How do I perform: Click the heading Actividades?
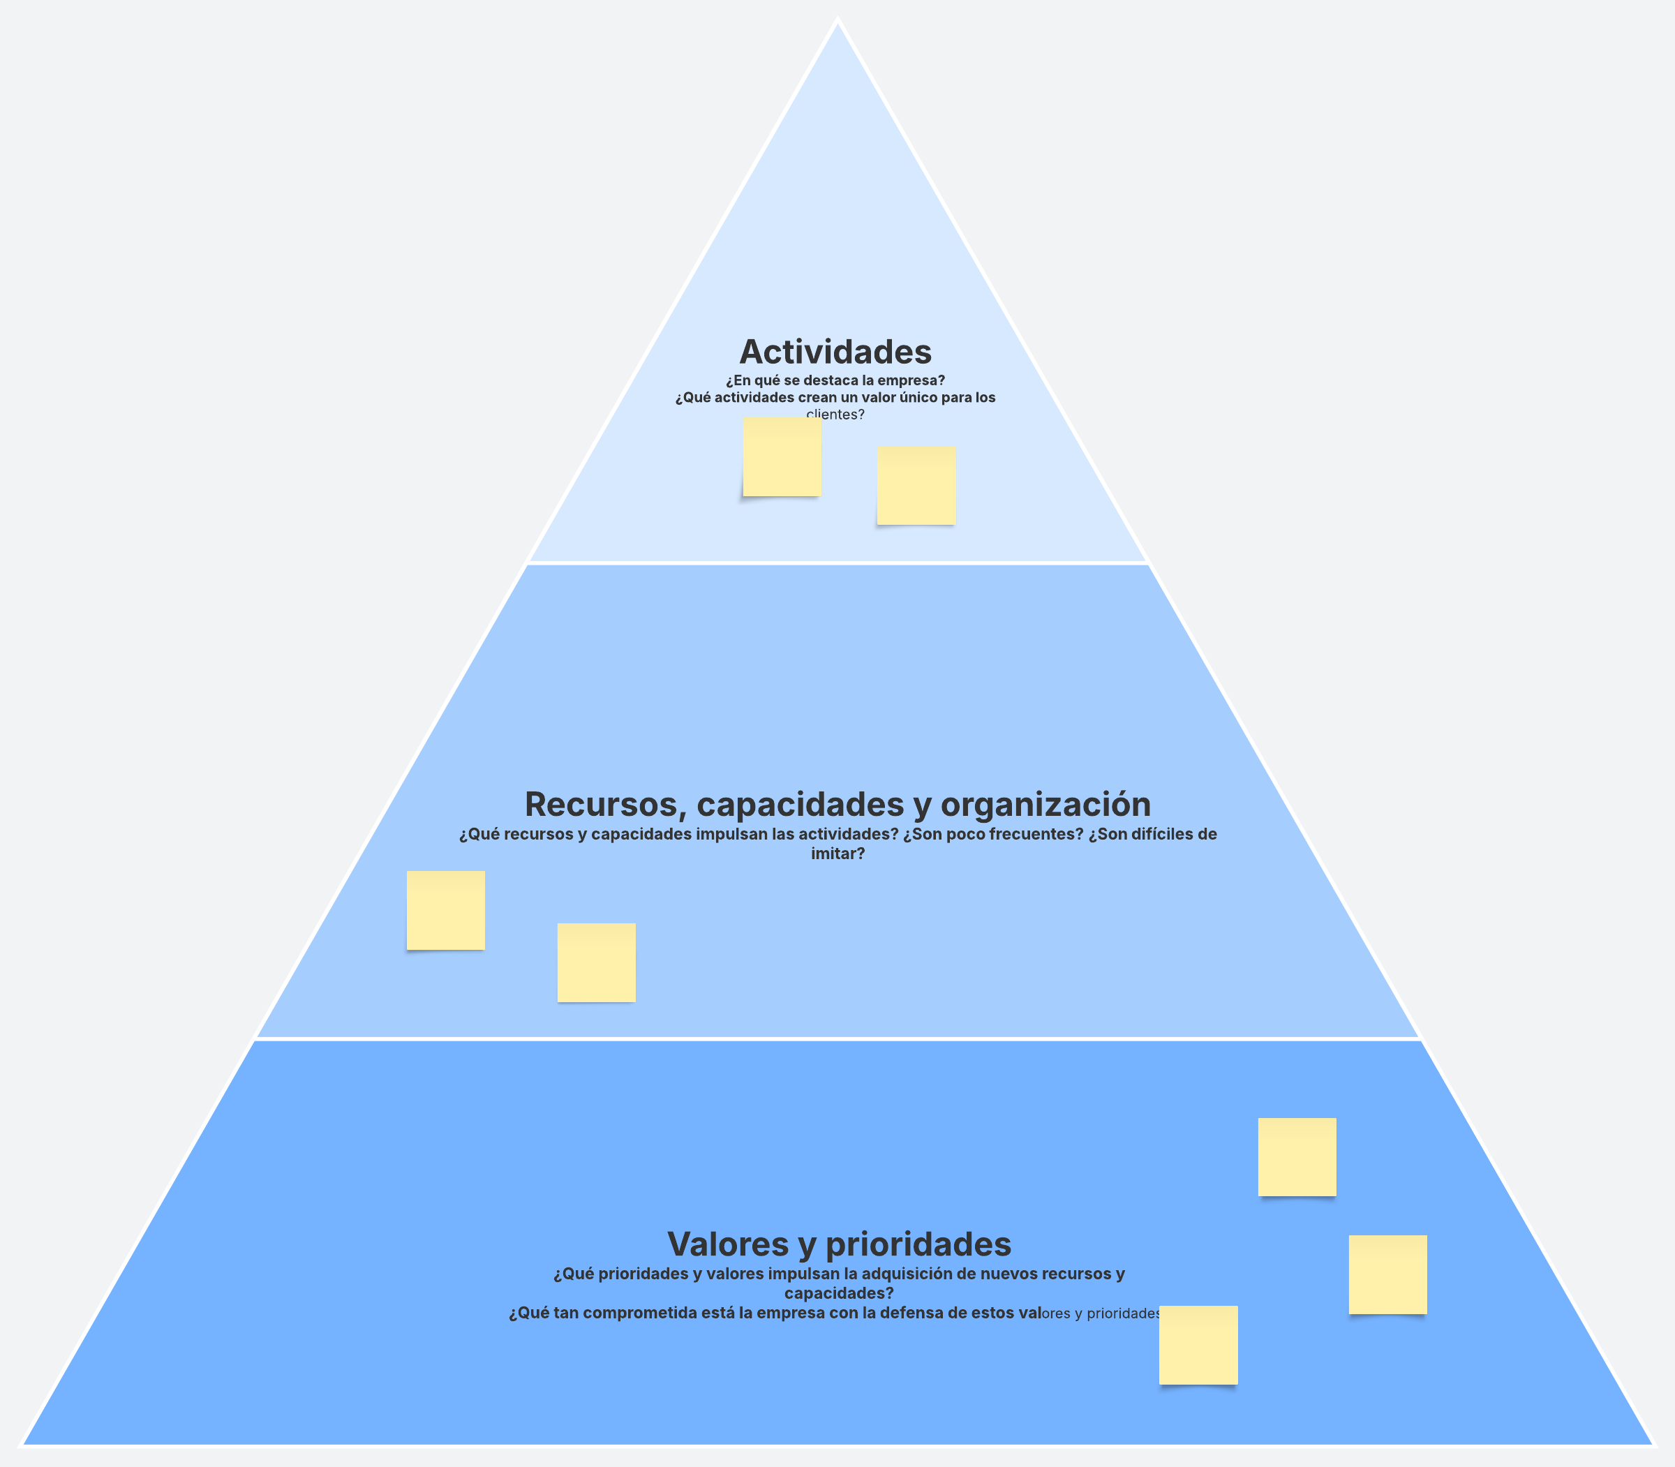coord(835,352)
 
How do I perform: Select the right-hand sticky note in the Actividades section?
coord(916,486)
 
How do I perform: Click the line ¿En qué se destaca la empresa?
coord(835,380)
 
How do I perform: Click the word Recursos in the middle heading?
coord(600,805)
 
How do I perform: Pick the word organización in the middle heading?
coord(1045,805)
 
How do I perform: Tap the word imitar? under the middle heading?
coord(837,854)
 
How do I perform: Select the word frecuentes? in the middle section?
coord(1035,834)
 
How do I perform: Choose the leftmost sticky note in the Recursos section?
coord(445,909)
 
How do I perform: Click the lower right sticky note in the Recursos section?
coord(596,962)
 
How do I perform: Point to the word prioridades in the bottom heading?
coord(918,1244)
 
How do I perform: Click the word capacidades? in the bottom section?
coord(838,1293)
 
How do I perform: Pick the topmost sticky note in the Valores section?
coord(1297,1156)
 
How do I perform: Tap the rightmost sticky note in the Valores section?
coord(1387,1274)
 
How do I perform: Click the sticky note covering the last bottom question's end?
coord(1198,1345)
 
